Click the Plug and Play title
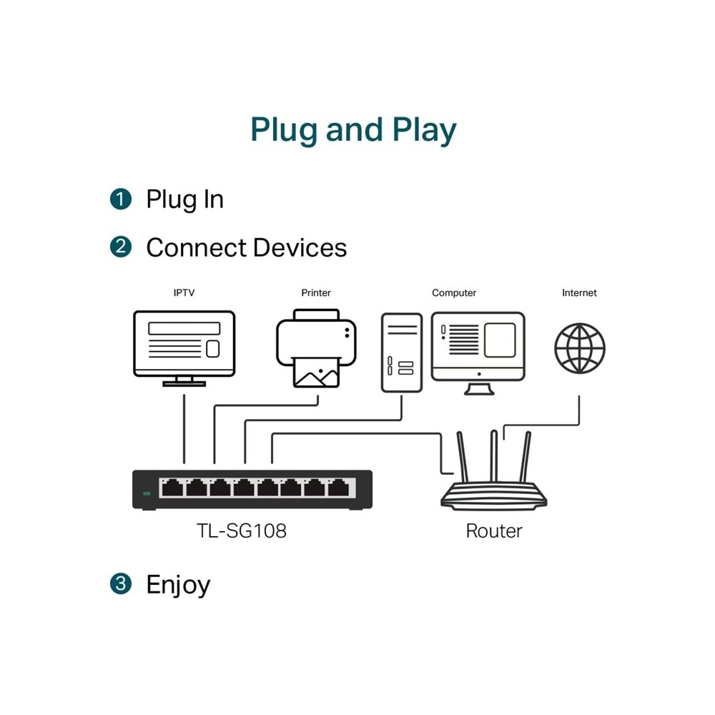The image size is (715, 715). pyautogui.click(x=353, y=130)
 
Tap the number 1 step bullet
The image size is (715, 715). pyautogui.click(x=121, y=199)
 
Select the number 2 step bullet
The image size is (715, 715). pyautogui.click(x=121, y=247)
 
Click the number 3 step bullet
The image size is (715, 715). pyautogui.click(x=121, y=583)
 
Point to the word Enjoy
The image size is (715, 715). pyautogui.click(x=178, y=585)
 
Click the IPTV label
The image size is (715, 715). pyautogui.click(x=184, y=293)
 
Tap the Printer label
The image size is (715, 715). pyautogui.click(x=316, y=293)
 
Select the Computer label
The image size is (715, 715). pyautogui.click(x=454, y=293)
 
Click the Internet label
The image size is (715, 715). pyautogui.click(x=579, y=293)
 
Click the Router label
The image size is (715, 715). pyautogui.click(x=494, y=531)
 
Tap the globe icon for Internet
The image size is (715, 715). pyautogui.click(x=580, y=348)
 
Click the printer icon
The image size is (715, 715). pyautogui.click(x=316, y=348)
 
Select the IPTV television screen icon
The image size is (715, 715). pyautogui.click(x=184, y=344)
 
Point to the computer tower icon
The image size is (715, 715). pyautogui.click(x=402, y=352)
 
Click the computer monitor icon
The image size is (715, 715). pyautogui.click(x=478, y=347)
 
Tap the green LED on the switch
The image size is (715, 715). pyautogui.click(x=147, y=493)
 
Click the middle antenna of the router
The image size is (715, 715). pyautogui.click(x=493, y=455)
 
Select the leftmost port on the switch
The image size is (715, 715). pyautogui.click(x=172, y=488)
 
